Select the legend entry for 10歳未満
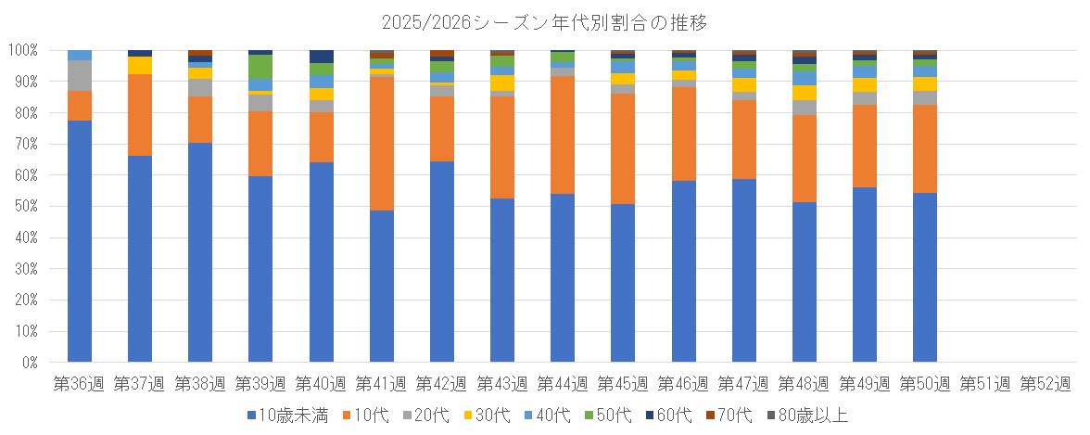(287, 415)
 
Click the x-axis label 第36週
(80, 383)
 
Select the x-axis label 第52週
(1046, 383)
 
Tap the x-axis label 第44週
(563, 383)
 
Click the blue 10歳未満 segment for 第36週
(80, 241)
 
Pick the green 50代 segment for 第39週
(260, 67)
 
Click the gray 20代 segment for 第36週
(80, 75)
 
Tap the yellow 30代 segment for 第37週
(140, 65)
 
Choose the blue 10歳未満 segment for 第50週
(925, 277)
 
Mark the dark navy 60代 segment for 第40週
(321, 56)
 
